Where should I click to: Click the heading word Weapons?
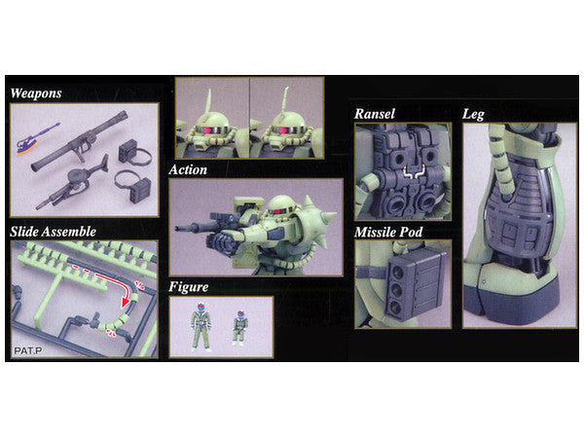pos(36,93)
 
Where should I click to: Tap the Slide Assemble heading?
pos(53,232)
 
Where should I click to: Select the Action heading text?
pos(188,169)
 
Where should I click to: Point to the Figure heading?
pos(189,287)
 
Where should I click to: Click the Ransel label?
pos(375,114)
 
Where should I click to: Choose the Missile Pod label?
pos(388,233)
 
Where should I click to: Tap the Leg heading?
pos(473,114)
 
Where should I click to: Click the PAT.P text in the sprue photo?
pos(28,350)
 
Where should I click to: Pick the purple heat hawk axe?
pos(37,138)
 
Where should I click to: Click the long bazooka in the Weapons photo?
pos(80,141)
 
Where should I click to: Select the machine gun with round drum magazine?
pos(72,183)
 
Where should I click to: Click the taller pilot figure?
pos(201,327)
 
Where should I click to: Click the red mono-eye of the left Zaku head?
pos(206,130)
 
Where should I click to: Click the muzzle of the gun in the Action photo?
pos(178,227)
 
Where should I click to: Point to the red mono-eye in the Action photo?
pos(277,211)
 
